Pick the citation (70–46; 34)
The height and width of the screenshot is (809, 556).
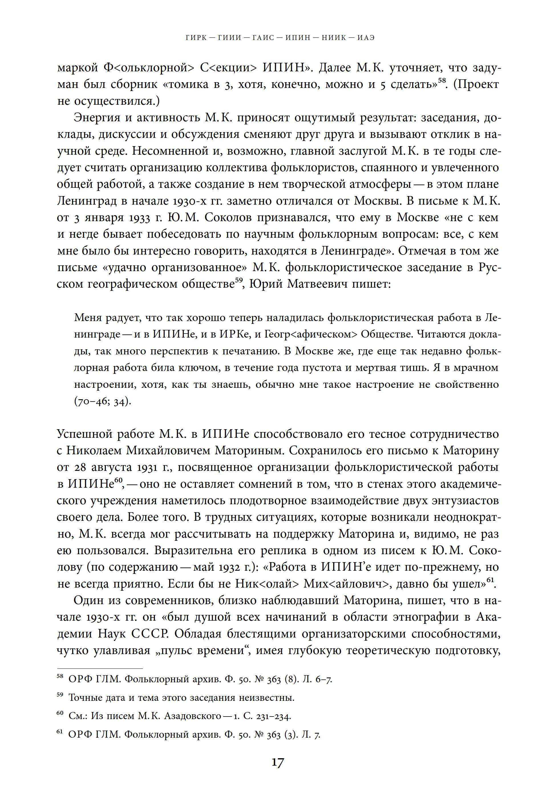tap(103, 402)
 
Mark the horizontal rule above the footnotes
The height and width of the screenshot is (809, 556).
tap(100, 669)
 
